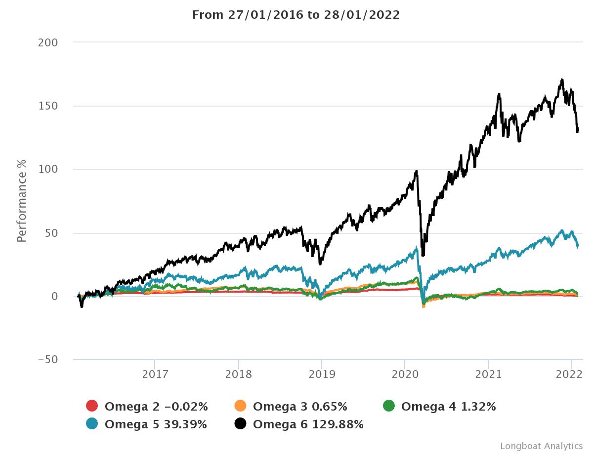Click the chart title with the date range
click(296, 15)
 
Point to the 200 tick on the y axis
click(48, 42)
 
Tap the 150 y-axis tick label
click(48, 106)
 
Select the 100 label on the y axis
click(48, 169)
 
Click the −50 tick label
click(47, 360)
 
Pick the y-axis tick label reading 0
click(54, 297)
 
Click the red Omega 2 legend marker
click(92, 406)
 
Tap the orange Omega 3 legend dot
click(241, 406)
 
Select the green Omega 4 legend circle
click(389, 406)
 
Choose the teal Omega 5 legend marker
click(92, 423)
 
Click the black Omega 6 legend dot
click(241, 423)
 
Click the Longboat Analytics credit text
click(541, 446)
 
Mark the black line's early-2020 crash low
click(423, 255)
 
